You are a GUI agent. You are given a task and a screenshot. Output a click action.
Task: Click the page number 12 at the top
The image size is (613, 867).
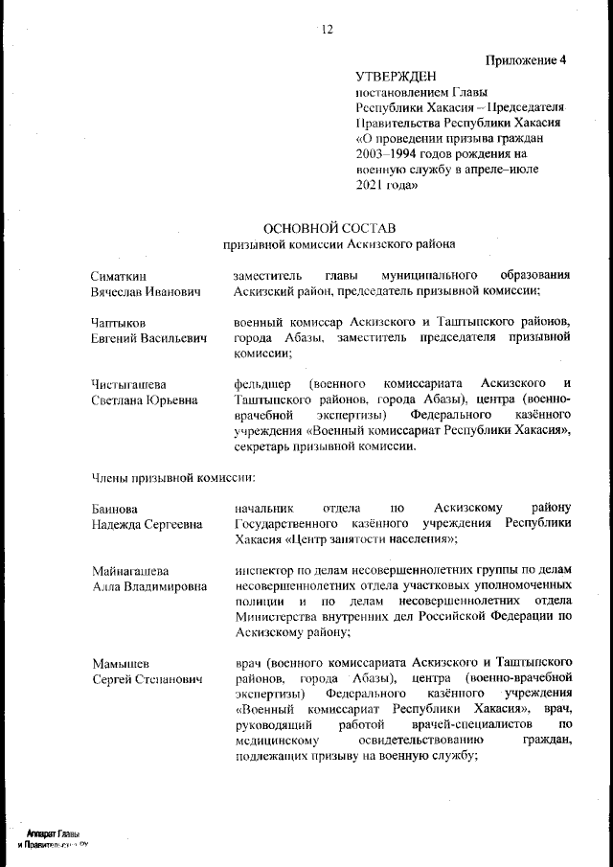coord(326,30)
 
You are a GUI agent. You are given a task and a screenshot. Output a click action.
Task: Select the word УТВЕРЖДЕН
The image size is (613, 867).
coord(396,76)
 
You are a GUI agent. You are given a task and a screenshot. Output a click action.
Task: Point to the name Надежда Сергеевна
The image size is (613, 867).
coord(147,524)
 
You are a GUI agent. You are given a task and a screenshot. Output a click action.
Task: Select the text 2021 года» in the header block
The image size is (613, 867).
coord(387,185)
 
